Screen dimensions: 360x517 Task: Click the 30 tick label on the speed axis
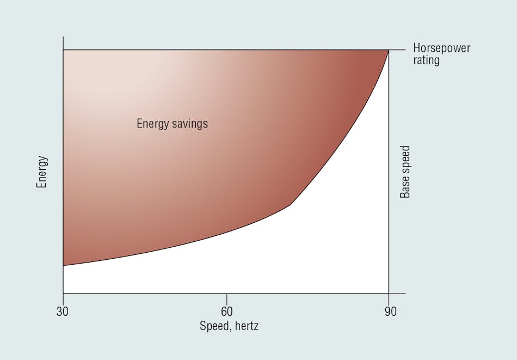pos(63,312)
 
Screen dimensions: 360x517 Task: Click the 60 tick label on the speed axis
pos(226,312)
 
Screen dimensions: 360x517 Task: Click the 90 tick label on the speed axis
pos(390,312)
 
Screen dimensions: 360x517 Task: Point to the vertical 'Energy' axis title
pos(41,172)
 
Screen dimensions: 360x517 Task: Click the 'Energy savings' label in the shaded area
pos(172,124)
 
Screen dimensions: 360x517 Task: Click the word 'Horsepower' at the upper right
pos(441,48)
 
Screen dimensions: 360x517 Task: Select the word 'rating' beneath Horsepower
pos(426,60)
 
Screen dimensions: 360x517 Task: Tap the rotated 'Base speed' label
pos(405,172)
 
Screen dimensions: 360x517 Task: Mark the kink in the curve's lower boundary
pos(291,205)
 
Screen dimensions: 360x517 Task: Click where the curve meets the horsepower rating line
pos(388,50)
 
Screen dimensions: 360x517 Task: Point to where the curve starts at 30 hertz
pos(63,265)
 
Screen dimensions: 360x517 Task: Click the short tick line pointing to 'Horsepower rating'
pos(397,50)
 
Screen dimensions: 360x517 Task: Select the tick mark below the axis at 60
pos(226,297)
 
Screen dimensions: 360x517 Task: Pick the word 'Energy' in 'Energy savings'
pos(152,124)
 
